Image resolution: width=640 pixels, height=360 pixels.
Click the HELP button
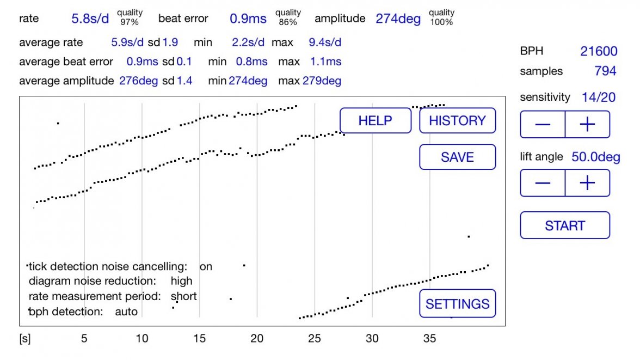coord(376,120)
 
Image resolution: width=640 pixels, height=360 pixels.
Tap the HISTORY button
coord(457,120)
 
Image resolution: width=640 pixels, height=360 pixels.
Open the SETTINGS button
coord(457,303)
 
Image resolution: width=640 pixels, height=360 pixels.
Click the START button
coord(565,225)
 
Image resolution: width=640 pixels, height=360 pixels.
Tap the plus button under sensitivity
coord(587,125)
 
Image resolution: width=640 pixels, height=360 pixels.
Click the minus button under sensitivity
coord(543,125)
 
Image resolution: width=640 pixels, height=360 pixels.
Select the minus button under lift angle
coord(543,183)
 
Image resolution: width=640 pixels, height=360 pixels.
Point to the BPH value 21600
coord(599,51)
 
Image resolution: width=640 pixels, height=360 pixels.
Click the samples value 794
coord(605,71)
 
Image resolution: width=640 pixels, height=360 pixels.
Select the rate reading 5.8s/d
coord(90,19)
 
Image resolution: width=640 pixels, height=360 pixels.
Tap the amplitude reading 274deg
coord(398,19)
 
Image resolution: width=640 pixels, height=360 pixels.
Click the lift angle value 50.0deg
coord(595,157)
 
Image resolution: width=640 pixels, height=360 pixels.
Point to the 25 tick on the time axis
coord(314,339)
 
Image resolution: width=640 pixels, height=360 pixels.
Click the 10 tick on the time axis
coord(141,339)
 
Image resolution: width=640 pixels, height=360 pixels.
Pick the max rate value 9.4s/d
coord(325,42)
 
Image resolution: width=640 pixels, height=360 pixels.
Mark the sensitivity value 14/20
coord(599,97)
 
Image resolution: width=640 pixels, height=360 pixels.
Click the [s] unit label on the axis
coord(25,339)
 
